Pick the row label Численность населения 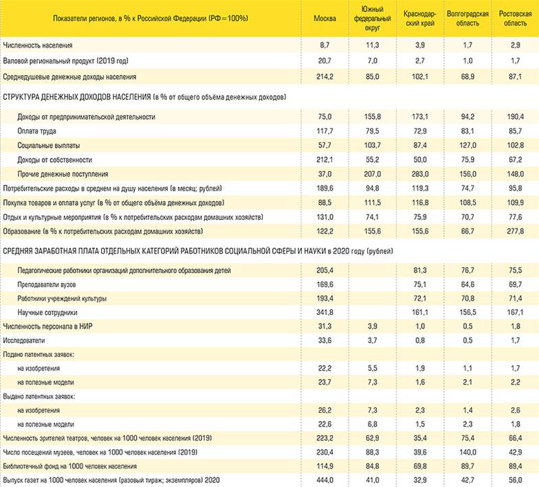pyautogui.click(x=38, y=45)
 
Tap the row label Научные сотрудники pyautogui.click(x=47, y=312)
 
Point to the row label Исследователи pyautogui.click(x=25, y=340)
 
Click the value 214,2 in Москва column pyautogui.click(x=324, y=76)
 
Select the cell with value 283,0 pyautogui.click(x=419, y=174)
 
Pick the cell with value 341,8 pyautogui.click(x=324, y=312)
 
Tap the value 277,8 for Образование pyautogui.click(x=515, y=231)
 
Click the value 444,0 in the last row pyautogui.click(x=324, y=479)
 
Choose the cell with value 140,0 pyautogui.click(x=467, y=452)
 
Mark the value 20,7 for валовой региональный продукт pyautogui.click(x=324, y=61)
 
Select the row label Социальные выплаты pyautogui.click(x=47, y=145)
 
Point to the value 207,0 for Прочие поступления pyautogui.click(x=372, y=174)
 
